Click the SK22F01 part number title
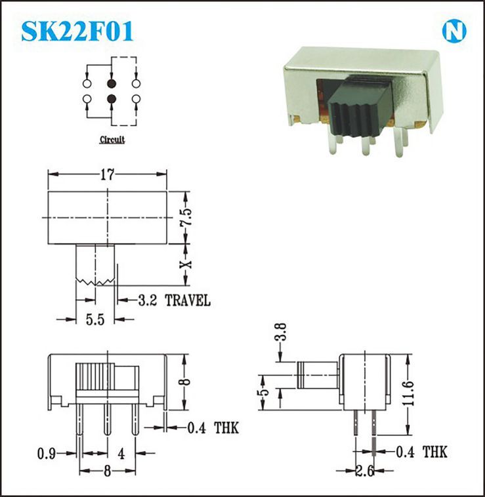pos(77,31)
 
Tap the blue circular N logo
pos(454,31)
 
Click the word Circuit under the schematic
pos(112,140)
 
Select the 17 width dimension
pos(107,174)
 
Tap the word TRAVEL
pos(188,300)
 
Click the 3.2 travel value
pos(148,300)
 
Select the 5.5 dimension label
pos(95,319)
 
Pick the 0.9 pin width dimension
pos(47,454)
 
